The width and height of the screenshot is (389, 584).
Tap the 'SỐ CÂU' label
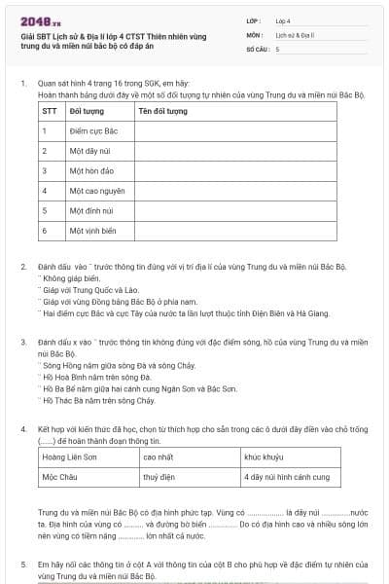click(x=258, y=48)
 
